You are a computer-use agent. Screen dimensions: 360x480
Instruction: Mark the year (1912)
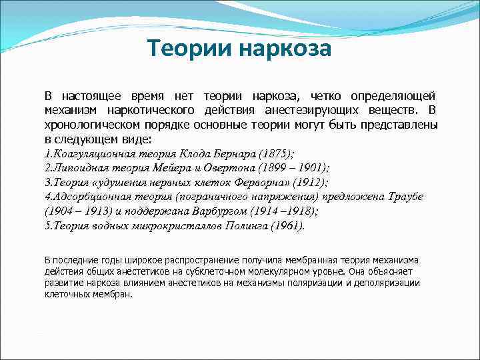(309, 183)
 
